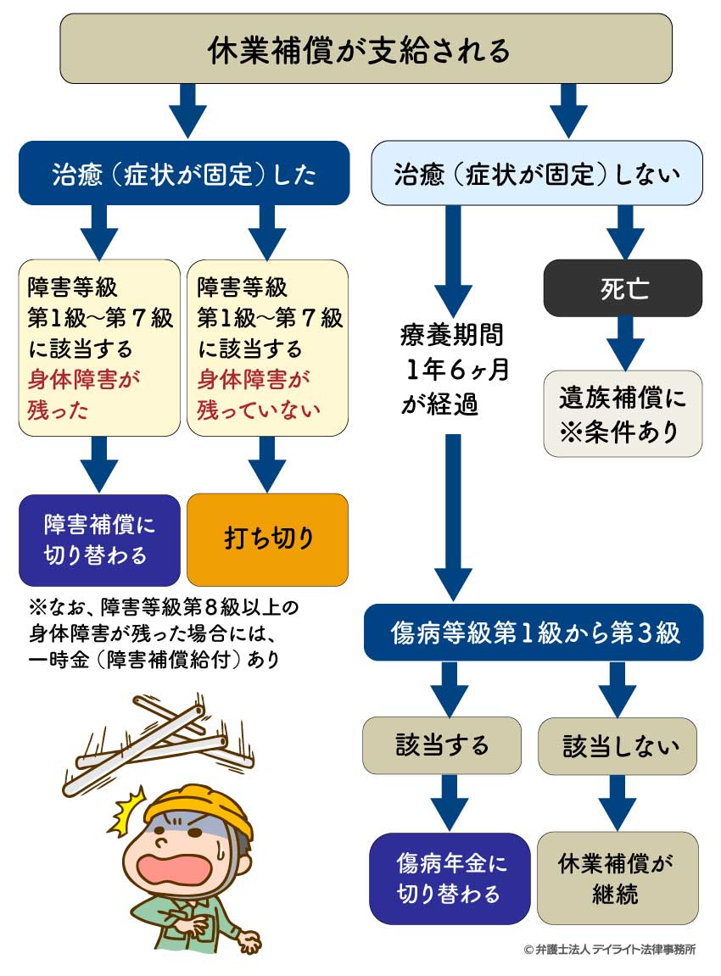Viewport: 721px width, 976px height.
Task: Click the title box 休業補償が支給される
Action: click(x=360, y=49)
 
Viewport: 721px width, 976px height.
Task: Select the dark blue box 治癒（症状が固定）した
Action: click(x=184, y=174)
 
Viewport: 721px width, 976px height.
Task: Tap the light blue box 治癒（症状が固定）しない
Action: click(x=537, y=174)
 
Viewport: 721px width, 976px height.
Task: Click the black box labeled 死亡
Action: click(x=623, y=288)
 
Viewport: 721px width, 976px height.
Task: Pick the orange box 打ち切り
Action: click(x=267, y=540)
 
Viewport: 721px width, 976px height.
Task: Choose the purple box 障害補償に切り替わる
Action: click(x=99, y=540)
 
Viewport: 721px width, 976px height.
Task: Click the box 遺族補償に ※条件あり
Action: click(x=623, y=414)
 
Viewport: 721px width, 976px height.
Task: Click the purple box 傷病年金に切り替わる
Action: click(x=450, y=878)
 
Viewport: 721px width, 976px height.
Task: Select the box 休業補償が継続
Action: click(x=618, y=878)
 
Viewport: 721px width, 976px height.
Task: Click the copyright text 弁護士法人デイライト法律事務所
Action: click(x=609, y=951)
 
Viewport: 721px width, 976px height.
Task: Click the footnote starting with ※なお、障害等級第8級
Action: click(x=161, y=633)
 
